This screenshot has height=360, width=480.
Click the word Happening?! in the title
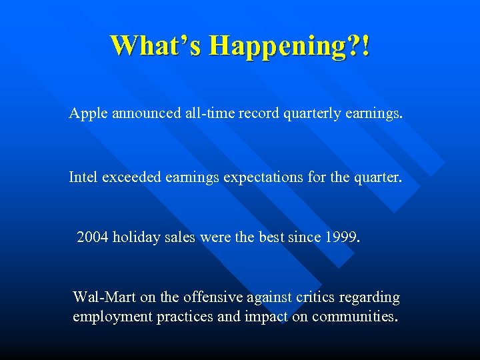point(289,46)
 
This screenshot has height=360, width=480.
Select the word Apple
point(88,114)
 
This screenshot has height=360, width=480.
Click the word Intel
point(83,177)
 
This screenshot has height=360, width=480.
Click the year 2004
point(92,237)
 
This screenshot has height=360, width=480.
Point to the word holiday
point(135,237)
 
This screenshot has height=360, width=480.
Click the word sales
point(179,237)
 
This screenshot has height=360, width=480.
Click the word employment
point(112,317)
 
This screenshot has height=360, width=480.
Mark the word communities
point(354,317)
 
